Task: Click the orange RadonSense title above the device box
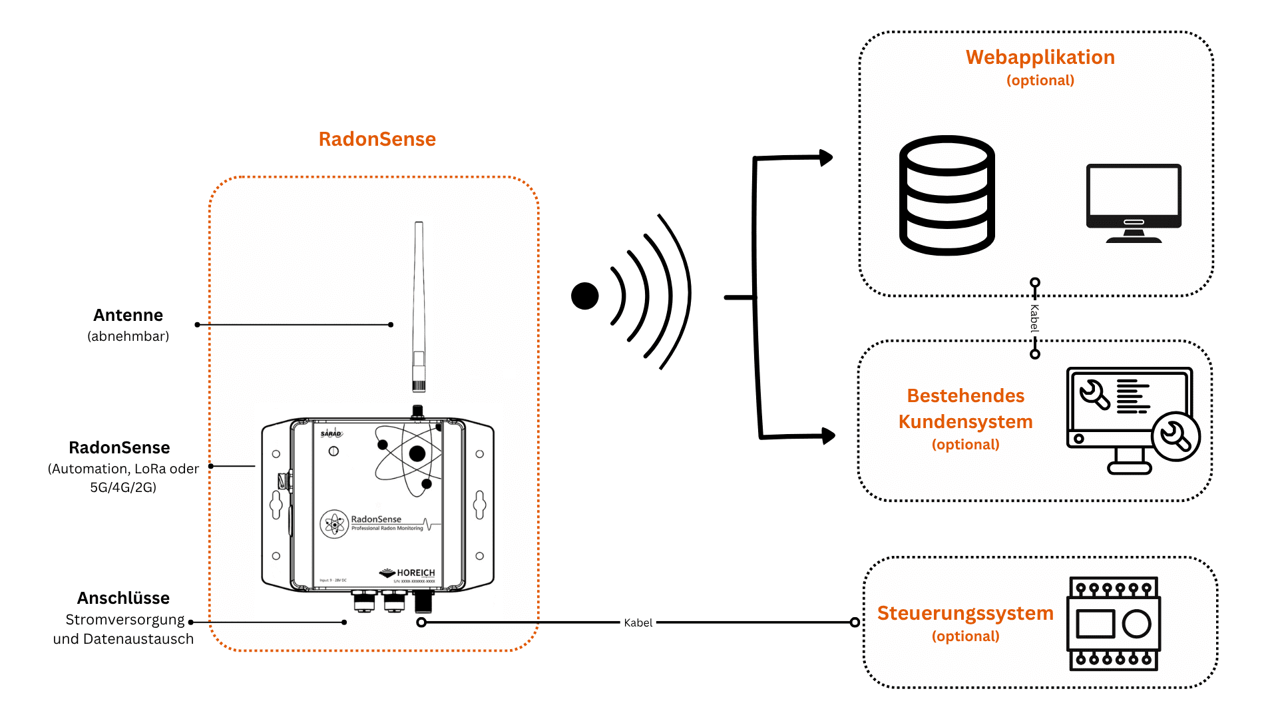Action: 377,139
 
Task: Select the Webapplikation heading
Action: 1040,57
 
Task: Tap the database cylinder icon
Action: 947,195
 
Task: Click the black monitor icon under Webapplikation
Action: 1134,202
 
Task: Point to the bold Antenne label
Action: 128,315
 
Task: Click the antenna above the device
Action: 419,306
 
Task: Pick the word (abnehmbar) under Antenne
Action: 128,336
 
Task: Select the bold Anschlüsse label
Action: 123,598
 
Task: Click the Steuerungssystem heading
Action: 965,613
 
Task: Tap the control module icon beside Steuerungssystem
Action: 1114,623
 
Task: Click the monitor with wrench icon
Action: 1132,419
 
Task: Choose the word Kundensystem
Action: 965,421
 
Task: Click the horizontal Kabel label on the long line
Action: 638,623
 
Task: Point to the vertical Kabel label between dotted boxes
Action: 1034,318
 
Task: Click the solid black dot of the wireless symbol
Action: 584,296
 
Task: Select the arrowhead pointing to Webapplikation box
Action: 826,158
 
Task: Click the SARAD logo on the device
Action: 331,433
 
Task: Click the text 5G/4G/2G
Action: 123,487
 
